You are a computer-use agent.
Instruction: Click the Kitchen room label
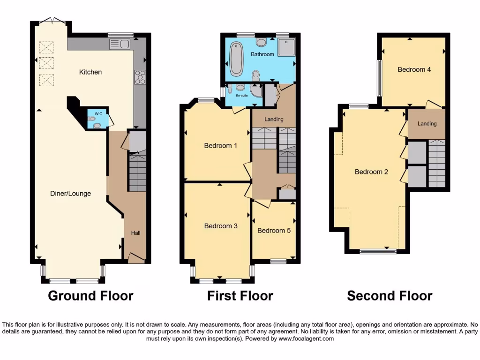click(90, 72)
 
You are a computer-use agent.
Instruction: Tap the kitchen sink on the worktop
click(120, 45)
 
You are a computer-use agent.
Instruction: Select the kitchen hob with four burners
click(140, 76)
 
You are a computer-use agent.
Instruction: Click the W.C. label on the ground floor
click(98, 113)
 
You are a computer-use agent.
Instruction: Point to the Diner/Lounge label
click(71, 194)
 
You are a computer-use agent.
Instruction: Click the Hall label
click(135, 233)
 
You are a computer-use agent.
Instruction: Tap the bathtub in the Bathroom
click(237, 59)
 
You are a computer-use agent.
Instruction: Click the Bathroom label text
click(262, 54)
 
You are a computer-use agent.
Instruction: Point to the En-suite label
click(242, 95)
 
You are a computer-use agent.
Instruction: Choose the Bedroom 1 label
click(220, 146)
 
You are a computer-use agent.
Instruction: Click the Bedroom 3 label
click(221, 226)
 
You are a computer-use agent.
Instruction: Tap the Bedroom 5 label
click(274, 231)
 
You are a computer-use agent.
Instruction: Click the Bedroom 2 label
click(371, 172)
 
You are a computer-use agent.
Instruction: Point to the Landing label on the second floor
click(427, 124)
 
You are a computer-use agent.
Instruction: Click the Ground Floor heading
click(90, 296)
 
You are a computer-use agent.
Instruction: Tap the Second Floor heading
click(390, 296)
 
